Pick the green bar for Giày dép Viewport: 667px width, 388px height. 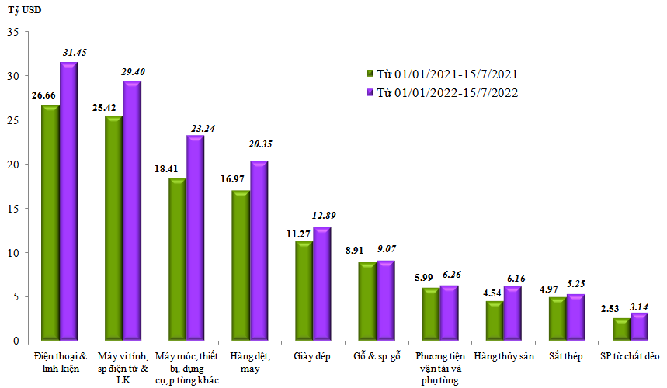(x=304, y=292)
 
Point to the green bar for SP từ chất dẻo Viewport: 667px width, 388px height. (x=620, y=329)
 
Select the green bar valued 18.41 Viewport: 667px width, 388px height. (x=177, y=260)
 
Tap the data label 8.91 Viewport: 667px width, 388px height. (x=366, y=251)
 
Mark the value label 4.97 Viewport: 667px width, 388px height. (x=554, y=288)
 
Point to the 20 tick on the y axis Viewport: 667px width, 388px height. (x=12, y=165)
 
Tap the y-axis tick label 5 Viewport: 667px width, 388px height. (x=15, y=296)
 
